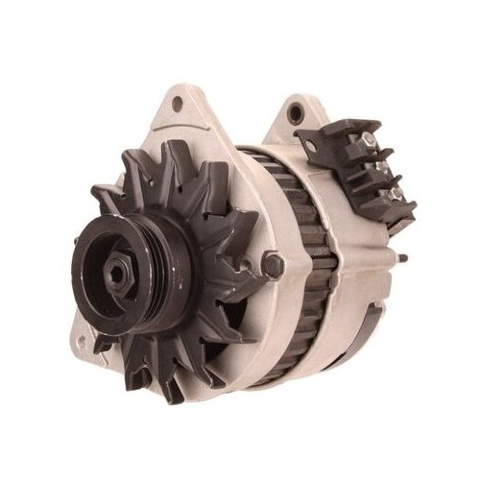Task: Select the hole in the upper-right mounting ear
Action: point(296,114)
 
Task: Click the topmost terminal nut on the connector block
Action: point(366,145)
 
